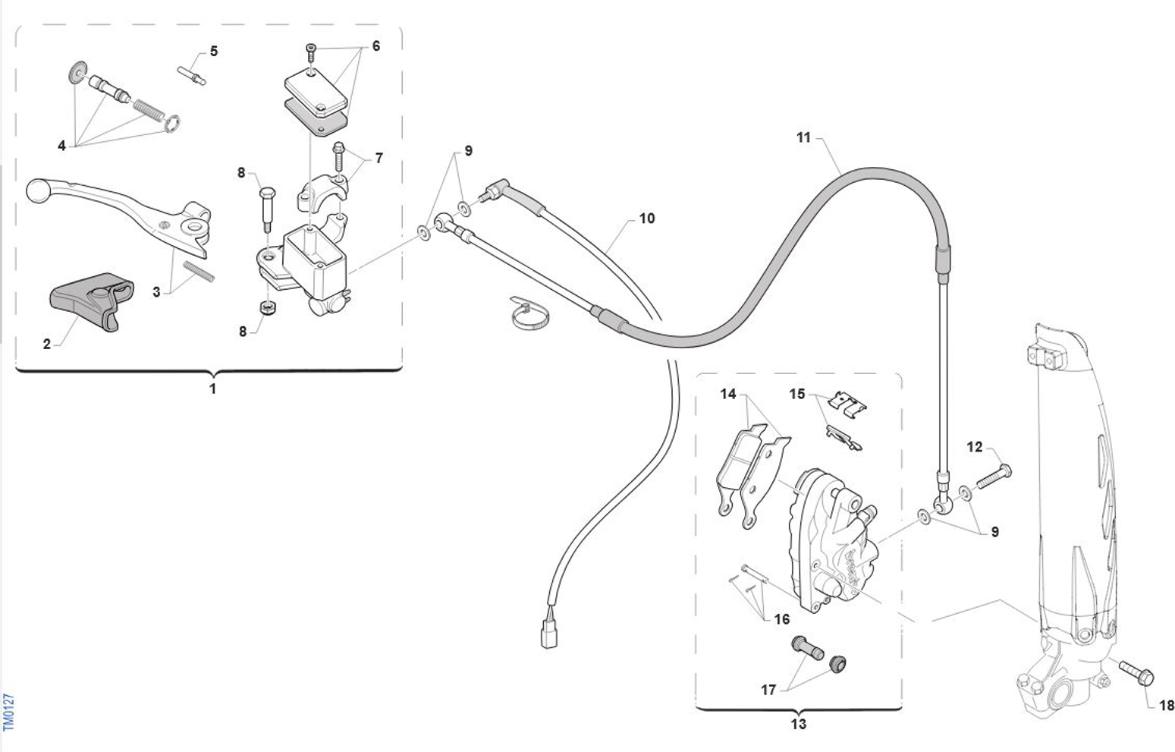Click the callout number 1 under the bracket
(x=212, y=389)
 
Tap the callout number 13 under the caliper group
(x=798, y=724)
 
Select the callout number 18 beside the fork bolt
(x=1166, y=706)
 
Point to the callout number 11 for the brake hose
(x=803, y=137)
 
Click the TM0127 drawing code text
(x=8, y=712)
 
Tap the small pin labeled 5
(x=192, y=75)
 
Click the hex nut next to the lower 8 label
(x=269, y=307)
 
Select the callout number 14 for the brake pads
(x=728, y=394)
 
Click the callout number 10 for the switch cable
(x=647, y=219)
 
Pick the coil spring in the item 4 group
(x=149, y=112)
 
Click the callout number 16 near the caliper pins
(x=781, y=619)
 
